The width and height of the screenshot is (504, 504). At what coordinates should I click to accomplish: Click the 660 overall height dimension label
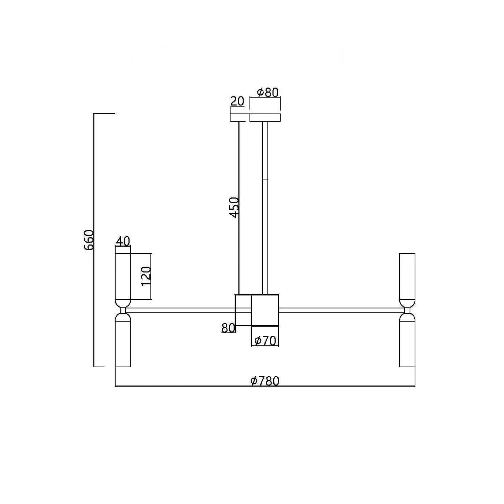(89, 240)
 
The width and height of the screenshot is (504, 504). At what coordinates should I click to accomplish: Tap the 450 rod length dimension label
(234, 208)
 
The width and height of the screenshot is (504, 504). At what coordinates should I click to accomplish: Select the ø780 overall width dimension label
(265, 381)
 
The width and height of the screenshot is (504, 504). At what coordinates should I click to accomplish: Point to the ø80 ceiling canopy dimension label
(268, 92)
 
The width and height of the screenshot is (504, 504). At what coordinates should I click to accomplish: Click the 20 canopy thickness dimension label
(237, 101)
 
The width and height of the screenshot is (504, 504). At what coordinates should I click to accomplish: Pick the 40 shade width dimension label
(123, 241)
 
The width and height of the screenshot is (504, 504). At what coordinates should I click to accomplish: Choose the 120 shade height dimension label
(146, 276)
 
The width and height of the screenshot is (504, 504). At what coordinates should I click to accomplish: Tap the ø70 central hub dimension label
(265, 341)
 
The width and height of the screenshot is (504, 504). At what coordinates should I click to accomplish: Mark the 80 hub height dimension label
(228, 328)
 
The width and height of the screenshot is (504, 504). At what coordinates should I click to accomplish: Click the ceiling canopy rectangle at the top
(265, 117)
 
